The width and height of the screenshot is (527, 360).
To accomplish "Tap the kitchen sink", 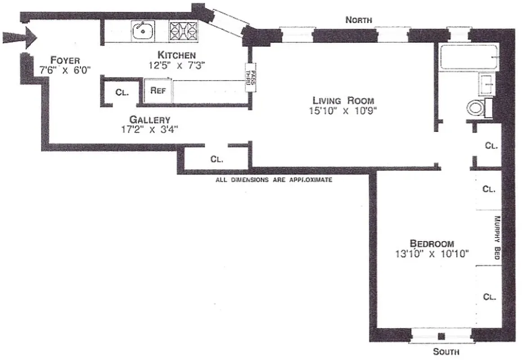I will [143, 31].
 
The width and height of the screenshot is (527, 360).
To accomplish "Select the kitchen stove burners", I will [183, 31].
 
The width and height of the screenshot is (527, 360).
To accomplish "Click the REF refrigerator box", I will [158, 90].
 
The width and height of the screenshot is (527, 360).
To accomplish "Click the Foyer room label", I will [65, 60].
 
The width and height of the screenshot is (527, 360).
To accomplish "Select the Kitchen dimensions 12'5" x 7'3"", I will [177, 65].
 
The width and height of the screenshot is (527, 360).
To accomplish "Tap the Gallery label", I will [149, 120].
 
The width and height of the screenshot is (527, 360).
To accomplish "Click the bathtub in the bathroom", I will [468, 57].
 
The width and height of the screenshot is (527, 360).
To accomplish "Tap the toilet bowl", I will [475, 108].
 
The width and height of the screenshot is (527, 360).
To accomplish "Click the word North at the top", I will [358, 20].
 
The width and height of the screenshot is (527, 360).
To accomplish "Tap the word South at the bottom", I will [446, 351].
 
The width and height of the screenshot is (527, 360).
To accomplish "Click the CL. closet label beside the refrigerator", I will [122, 93].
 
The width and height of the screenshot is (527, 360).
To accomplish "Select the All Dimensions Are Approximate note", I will [274, 180].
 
